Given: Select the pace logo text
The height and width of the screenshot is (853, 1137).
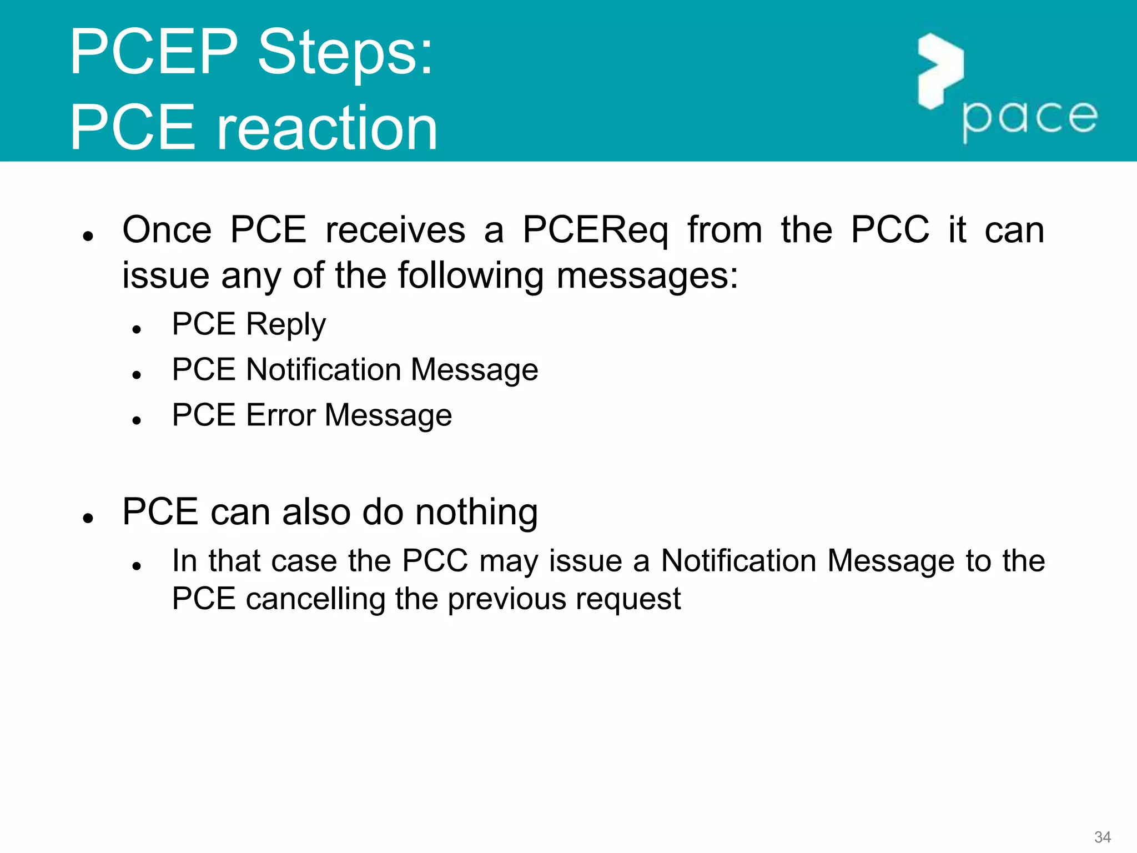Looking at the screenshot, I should (1030, 118).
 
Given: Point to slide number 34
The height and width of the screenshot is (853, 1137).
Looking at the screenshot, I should (1102, 836).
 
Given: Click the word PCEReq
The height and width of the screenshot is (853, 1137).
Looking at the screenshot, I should (595, 230).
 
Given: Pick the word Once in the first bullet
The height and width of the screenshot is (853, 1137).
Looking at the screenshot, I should (167, 229).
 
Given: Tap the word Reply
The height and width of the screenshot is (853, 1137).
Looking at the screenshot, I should (285, 324).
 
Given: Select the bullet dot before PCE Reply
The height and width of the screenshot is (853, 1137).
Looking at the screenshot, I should (137, 330).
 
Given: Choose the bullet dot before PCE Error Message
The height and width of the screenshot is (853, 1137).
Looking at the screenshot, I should (137, 421).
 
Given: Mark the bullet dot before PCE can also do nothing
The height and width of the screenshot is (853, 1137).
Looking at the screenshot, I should (88, 518).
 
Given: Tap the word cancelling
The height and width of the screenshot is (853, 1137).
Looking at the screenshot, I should (315, 599).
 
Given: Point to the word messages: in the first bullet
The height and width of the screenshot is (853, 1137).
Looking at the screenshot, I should (647, 276).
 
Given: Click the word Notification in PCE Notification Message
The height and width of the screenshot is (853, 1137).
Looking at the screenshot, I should (323, 370).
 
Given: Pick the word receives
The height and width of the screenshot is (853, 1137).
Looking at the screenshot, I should (395, 230).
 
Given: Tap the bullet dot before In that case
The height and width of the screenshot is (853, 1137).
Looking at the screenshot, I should (137, 566).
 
